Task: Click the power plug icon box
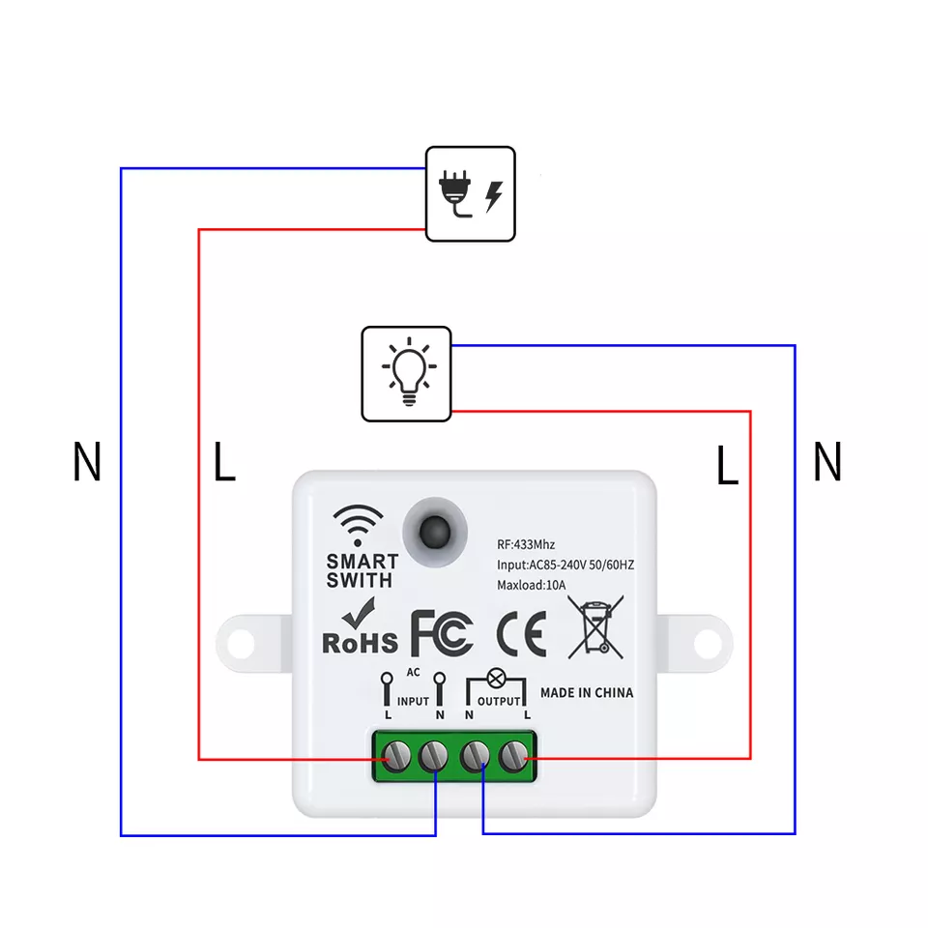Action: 471,193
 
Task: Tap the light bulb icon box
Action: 406,373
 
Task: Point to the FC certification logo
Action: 443,633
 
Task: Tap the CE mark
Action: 521,633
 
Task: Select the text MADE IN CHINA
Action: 587,692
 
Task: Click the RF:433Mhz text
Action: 526,545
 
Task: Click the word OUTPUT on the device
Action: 498,701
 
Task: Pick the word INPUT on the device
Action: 413,701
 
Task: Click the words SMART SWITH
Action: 362,570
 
